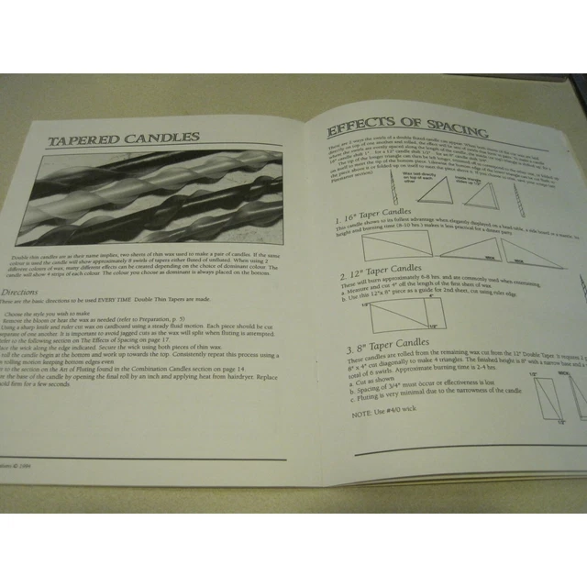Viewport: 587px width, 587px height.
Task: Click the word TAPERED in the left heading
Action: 84,139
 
